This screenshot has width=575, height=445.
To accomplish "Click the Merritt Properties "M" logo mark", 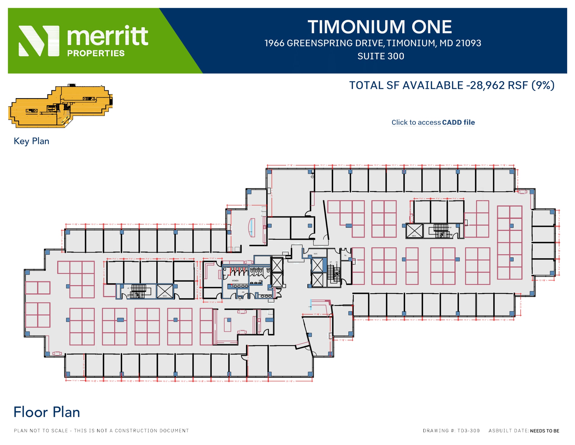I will (39, 41).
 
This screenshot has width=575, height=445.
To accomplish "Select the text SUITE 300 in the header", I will (381, 56).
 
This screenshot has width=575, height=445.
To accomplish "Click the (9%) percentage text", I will (543, 85).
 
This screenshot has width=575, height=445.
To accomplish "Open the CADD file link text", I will (458, 123).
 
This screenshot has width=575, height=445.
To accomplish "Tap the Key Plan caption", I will (31, 141).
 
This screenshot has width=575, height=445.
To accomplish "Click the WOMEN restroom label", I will (235, 281).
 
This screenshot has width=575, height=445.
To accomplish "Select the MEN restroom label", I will (260, 281).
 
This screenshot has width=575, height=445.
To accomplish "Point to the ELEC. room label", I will (316, 254).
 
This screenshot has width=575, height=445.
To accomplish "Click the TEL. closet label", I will (345, 255).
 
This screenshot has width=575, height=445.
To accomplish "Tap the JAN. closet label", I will (243, 292).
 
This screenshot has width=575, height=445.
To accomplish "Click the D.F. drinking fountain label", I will (240, 300).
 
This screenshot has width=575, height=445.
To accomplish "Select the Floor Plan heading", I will (47, 412).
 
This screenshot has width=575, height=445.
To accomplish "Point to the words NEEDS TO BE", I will (544, 431).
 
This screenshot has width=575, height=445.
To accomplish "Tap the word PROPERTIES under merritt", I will (96, 53).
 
